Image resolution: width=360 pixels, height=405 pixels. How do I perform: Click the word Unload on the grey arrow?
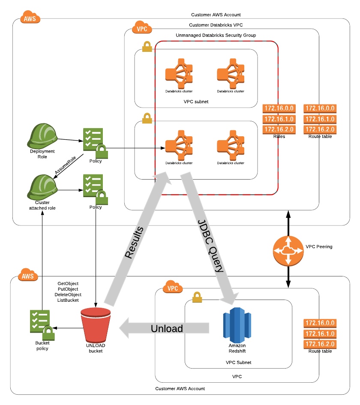click(167, 329)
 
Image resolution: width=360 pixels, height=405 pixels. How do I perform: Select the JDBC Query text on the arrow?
click(210, 246)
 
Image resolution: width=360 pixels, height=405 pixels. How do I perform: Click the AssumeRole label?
click(65, 165)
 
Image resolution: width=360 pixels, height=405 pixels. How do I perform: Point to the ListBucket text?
click(69, 300)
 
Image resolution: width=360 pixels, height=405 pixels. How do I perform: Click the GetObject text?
click(68, 284)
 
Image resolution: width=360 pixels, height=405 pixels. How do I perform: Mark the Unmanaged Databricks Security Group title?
click(216, 35)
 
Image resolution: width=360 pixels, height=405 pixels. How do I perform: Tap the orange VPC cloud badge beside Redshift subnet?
click(173, 288)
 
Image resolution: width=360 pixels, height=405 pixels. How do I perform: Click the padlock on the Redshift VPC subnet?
click(197, 296)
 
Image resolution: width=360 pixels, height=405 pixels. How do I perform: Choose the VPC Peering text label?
click(319, 247)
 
